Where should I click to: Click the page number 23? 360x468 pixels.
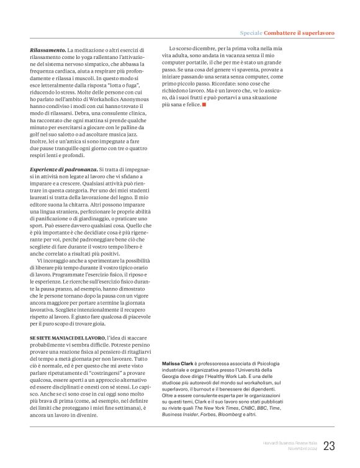click(329, 445)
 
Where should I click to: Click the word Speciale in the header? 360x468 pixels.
click(253, 32)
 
